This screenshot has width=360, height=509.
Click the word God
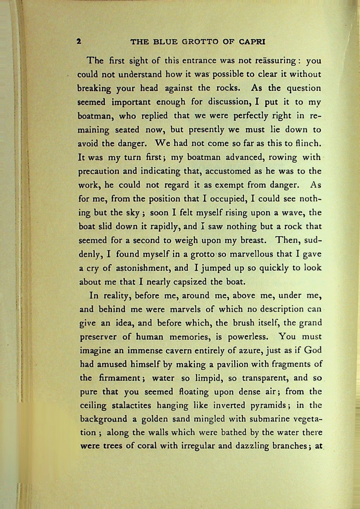tap(313, 350)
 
